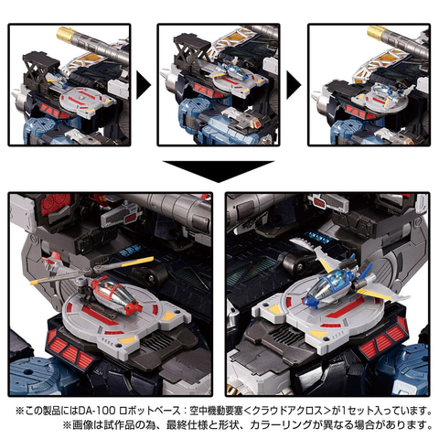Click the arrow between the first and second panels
click(143, 88)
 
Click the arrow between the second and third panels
click(293, 88)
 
